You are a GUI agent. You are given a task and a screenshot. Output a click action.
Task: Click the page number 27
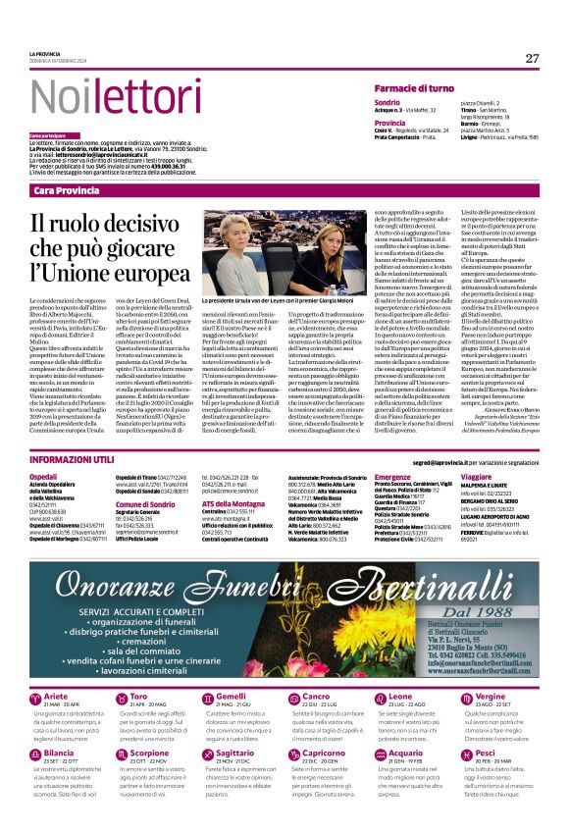[x=532, y=58]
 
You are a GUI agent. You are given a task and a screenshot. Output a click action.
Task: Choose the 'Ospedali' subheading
[x=45, y=476]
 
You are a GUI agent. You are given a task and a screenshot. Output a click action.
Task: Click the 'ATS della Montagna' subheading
[x=234, y=503]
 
